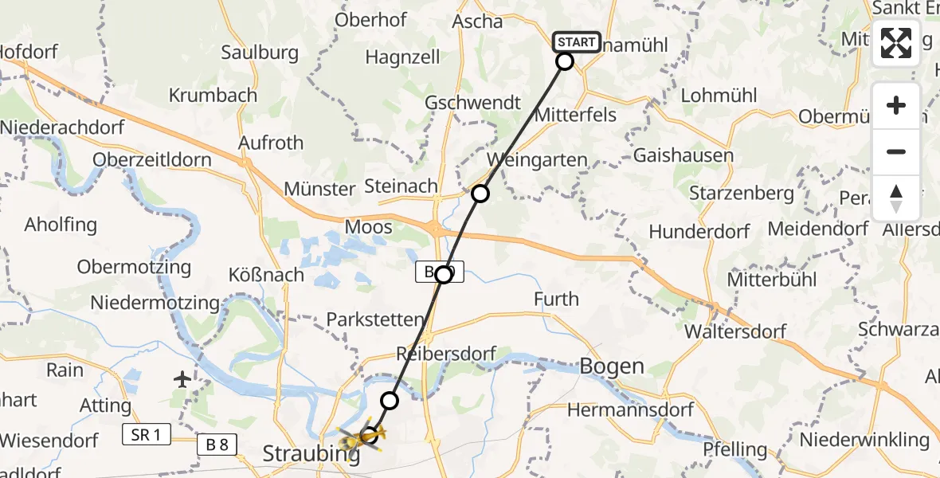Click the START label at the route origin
click(575, 41)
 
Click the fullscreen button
click(896, 43)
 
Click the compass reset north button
click(896, 198)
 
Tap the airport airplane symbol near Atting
click(183, 379)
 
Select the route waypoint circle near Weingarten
click(480, 193)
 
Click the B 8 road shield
click(217, 445)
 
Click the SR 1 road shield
click(147, 435)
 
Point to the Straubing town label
click(310, 455)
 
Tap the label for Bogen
click(612, 366)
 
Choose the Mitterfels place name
click(575, 115)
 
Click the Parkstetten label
click(375, 320)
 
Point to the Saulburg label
click(260, 53)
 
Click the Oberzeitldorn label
click(152, 159)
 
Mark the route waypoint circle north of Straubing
click(390, 400)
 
